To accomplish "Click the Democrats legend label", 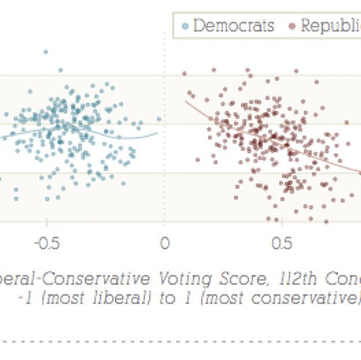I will [234, 26].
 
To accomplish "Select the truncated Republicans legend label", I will [330, 26].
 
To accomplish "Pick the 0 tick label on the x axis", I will [165, 244].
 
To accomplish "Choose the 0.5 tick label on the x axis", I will [281, 244].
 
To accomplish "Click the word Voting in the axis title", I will [176, 279].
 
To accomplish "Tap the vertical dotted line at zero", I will [165, 173].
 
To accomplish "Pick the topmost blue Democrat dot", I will [46, 52].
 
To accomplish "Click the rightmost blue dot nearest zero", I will [159, 119].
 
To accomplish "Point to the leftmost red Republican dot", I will [185, 73].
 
